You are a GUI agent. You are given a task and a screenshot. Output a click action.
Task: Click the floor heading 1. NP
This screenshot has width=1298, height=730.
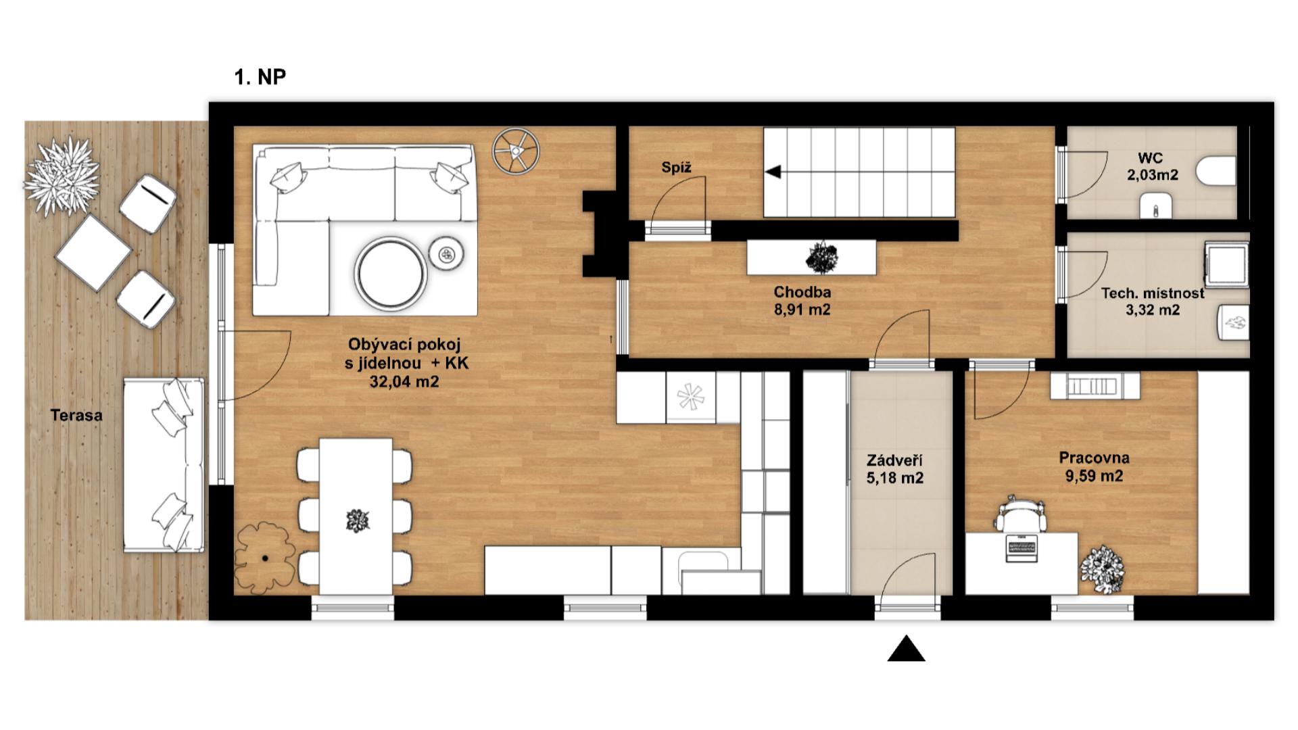click(260, 77)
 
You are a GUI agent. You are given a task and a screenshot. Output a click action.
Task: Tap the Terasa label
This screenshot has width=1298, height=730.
click(76, 415)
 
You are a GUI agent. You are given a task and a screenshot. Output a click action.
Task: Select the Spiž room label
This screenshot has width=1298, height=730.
click(676, 168)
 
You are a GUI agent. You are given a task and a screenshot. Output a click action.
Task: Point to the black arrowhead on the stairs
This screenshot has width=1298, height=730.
click(773, 172)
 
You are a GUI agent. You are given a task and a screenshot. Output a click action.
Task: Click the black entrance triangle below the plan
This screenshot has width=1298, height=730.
click(906, 648)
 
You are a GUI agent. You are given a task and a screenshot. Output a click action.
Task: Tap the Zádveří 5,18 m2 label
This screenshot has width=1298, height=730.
click(894, 469)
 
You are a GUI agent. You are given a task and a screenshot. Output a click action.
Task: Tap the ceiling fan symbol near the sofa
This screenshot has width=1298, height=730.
click(515, 150)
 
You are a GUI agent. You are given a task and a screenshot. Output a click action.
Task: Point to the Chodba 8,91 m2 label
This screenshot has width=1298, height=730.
click(802, 301)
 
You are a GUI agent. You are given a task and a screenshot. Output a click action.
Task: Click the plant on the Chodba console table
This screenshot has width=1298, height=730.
click(821, 258)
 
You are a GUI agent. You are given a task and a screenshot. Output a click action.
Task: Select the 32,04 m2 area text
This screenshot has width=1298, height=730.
click(404, 382)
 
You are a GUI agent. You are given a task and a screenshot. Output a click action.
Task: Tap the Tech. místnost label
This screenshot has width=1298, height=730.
click(1153, 293)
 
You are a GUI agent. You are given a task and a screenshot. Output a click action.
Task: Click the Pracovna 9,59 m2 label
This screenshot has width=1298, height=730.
click(1094, 467)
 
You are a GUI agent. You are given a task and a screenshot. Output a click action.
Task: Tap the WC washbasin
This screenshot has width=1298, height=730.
click(1156, 206)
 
